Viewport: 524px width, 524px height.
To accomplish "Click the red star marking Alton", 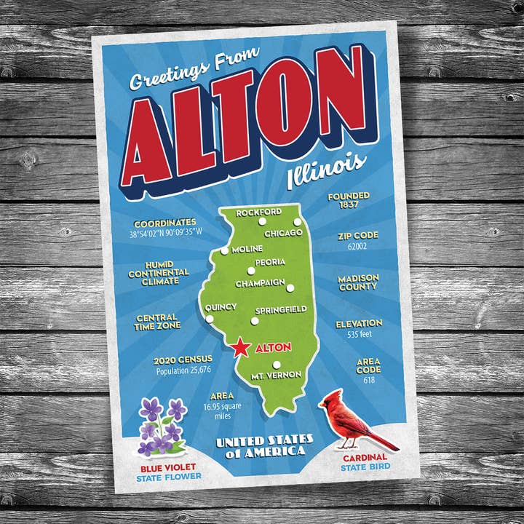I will tap(242, 348).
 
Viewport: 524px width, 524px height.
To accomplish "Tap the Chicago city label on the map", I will tap(283, 233).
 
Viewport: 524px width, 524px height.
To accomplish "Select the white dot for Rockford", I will tap(297, 222).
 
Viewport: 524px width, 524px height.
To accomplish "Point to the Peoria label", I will tap(270, 262).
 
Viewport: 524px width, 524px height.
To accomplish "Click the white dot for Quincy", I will tap(210, 319).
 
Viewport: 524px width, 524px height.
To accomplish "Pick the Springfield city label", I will tap(281, 309).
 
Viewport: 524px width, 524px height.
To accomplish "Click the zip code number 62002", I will tap(356, 247).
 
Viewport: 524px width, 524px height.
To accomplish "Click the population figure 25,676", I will tap(183, 370).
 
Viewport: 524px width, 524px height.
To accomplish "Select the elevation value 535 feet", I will tap(358, 335).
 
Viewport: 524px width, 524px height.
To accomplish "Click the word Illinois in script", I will tap(325, 170).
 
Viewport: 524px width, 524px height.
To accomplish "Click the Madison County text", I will tap(357, 283).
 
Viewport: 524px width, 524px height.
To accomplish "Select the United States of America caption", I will tap(265, 445).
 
